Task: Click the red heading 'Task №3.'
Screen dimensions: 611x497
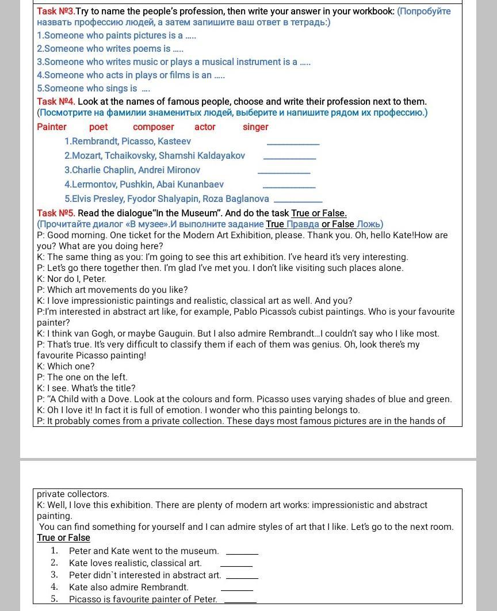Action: point(55,12)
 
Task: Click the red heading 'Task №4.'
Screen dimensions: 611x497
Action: point(56,102)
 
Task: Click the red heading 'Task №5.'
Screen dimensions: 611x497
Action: point(56,213)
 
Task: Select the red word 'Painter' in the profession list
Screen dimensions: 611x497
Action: point(52,127)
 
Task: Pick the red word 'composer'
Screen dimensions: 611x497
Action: point(153,127)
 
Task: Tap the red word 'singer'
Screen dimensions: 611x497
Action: point(255,127)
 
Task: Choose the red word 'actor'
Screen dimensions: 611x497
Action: point(205,127)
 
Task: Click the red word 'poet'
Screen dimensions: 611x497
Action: point(98,127)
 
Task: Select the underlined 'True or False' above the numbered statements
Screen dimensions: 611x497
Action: point(63,538)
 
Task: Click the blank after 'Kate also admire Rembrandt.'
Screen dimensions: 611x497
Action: point(236,589)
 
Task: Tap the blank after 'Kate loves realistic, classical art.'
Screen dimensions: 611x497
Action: point(236,565)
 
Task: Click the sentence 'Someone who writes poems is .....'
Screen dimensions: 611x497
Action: point(110,49)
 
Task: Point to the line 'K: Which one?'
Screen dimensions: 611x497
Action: point(66,366)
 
